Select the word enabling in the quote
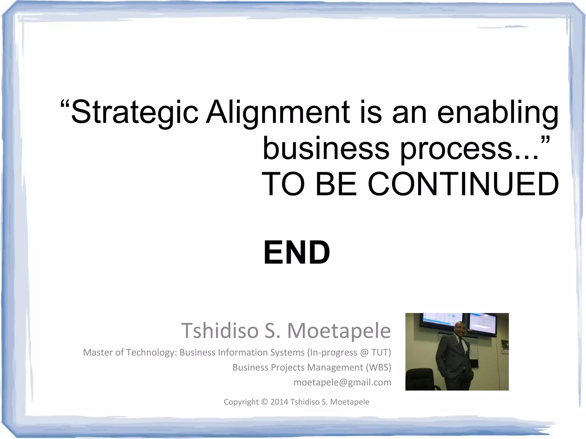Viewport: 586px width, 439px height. tap(498, 112)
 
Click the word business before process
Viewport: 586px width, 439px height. tap(326, 149)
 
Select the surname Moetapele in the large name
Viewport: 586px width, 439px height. tap(339, 330)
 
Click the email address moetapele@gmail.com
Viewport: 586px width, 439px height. tap(342, 382)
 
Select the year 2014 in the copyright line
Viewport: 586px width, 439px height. tap(279, 402)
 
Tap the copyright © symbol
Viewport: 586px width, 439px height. tap(264, 402)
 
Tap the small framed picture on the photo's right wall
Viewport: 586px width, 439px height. tap(505, 347)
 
